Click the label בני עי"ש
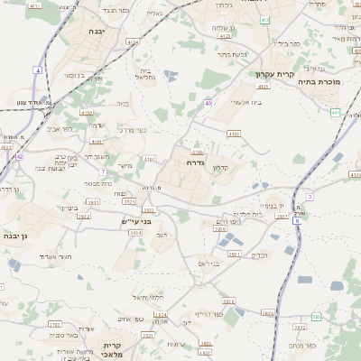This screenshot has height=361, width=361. [x=138, y=220]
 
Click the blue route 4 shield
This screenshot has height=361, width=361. [x=38, y=69]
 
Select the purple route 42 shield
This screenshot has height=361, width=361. [x=19, y=156]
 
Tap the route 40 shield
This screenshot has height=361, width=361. [x=208, y=104]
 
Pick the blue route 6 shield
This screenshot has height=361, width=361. [x=296, y=220]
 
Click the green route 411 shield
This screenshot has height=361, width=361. [x=335, y=113]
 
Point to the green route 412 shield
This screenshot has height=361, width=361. [x=264, y=19]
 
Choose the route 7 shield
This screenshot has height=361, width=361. [x=104, y=171]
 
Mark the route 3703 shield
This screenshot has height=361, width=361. [x=55, y=323]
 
